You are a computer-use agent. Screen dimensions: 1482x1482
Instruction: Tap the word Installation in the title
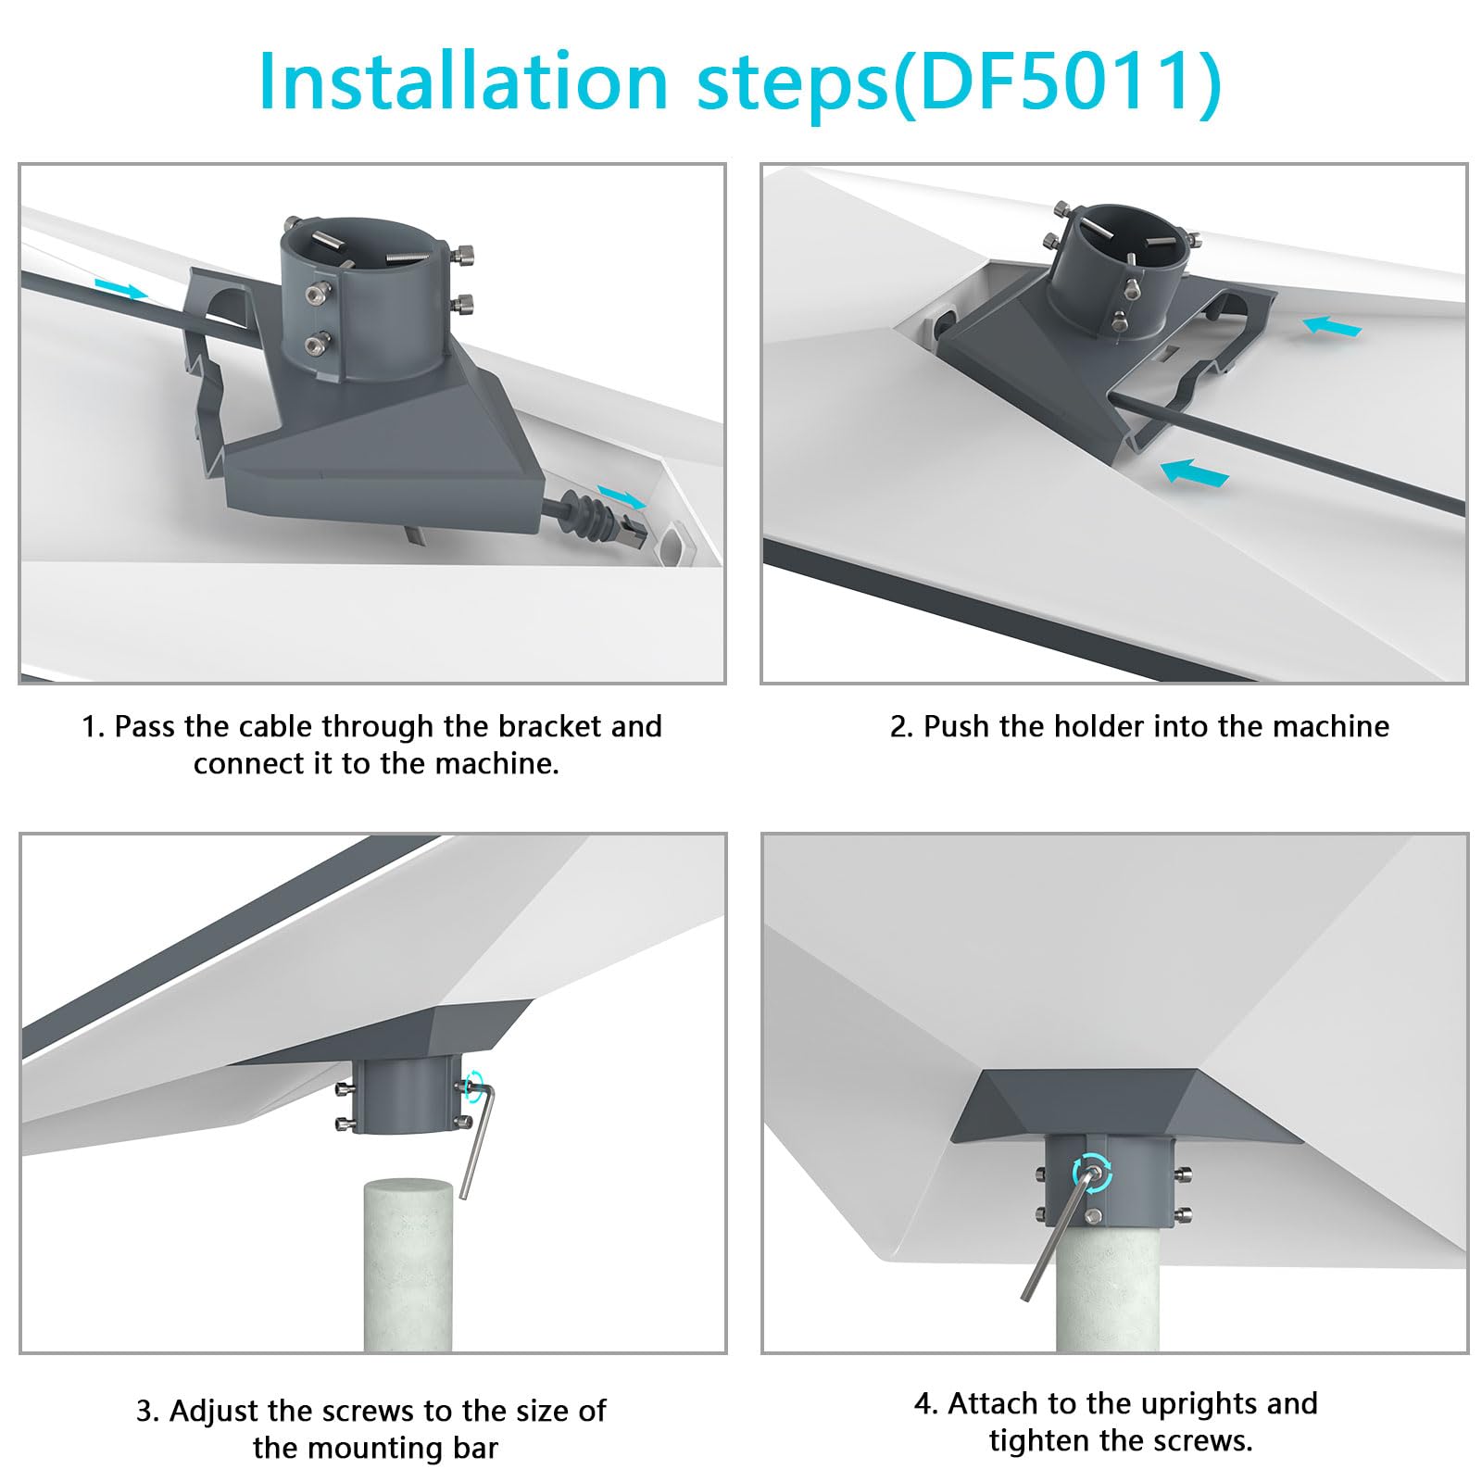point(463,82)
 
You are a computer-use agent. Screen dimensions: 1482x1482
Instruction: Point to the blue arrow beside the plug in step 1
point(622,496)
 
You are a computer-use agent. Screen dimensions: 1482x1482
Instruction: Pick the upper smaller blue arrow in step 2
point(1331,326)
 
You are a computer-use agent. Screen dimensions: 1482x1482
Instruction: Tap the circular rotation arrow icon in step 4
point(1093,1174)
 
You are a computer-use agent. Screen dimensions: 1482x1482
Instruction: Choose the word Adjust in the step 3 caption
point(215,1411)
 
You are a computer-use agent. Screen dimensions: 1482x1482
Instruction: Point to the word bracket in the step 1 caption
point(541,726)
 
